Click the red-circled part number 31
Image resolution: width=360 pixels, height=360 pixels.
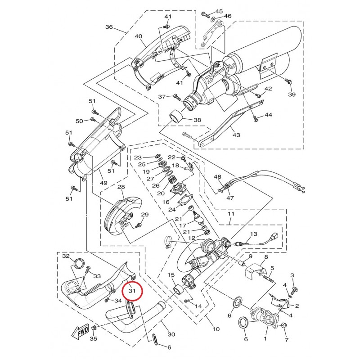point(132,291)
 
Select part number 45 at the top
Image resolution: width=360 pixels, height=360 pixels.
point(219,11)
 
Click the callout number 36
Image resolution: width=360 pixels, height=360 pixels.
point(109,27)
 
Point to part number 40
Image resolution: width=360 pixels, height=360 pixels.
point(138,36)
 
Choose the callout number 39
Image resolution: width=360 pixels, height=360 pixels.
point(292,94)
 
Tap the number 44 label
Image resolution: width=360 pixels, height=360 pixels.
point(268,115)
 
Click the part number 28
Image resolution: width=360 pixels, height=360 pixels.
point(121,187)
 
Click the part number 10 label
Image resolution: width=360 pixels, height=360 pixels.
point(216,329)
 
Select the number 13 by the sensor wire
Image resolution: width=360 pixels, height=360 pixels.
point(253,234)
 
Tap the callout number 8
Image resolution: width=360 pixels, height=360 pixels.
point(265,257)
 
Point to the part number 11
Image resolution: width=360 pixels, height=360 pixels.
point(230,214)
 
